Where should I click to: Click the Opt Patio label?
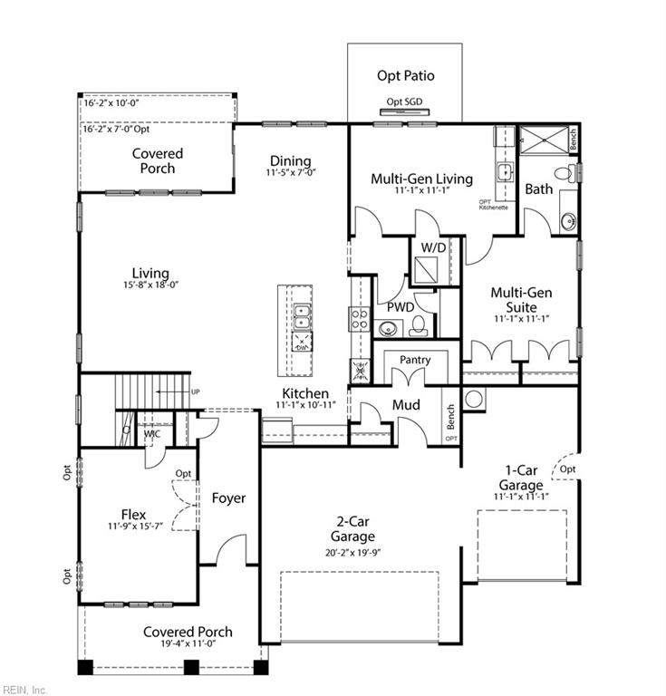point(405,76)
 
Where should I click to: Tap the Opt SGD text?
point(404,101)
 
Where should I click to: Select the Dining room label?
point(290,161)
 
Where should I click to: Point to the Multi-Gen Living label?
point(421,179)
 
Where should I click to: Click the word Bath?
point(538,189)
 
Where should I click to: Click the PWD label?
point(401,307)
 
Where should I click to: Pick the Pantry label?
point(415,360)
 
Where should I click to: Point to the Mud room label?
point(405,404)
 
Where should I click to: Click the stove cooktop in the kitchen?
point(359,318)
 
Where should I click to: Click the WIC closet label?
point(152,434)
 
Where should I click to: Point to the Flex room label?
point(133,515)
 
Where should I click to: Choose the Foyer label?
point(229,498)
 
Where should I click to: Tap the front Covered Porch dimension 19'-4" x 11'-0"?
point(188,644)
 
